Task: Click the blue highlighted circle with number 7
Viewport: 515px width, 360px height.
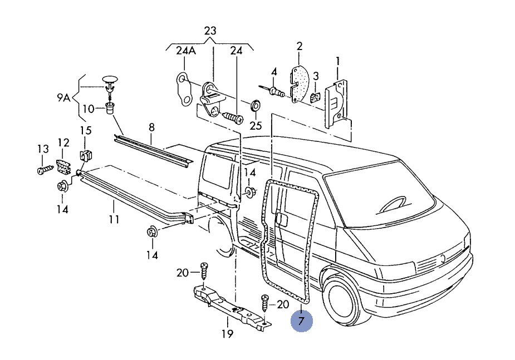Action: [x=301, y=321]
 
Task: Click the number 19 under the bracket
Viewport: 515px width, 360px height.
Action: [x=227, y=334]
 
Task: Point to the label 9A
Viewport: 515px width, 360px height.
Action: [x=63, y=98]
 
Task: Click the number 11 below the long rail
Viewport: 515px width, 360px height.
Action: [x=114, y=219]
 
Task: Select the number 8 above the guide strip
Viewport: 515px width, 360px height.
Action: [x=151, y=128]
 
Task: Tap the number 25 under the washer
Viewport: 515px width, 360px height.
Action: [x=255, y=125]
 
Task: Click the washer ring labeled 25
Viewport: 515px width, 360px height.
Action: [x=256, y=105]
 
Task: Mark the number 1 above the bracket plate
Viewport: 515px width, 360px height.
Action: [x=337, y=60]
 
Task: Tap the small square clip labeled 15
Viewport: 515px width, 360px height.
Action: [x=85, y=156]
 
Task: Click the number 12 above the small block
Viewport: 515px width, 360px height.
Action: [x=63, y=142]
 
